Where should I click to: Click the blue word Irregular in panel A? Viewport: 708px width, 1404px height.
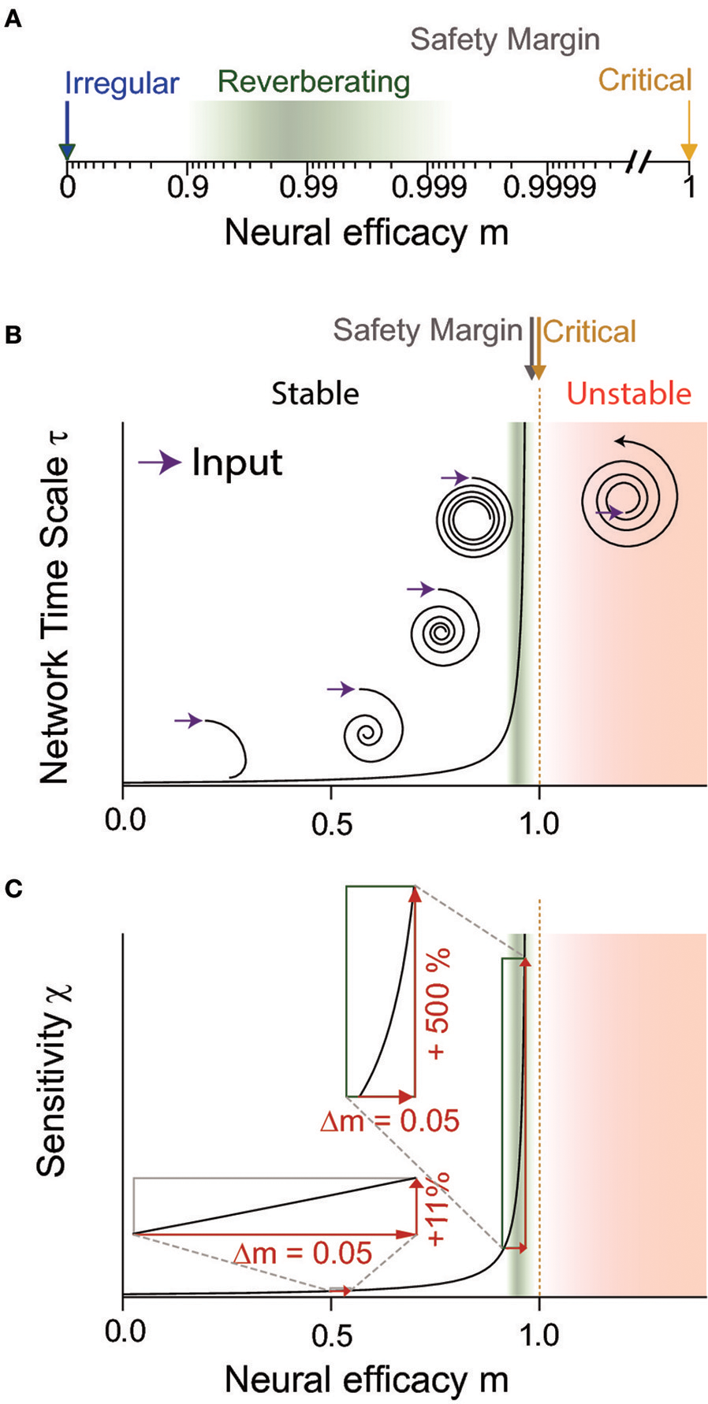click(x=121, y=83)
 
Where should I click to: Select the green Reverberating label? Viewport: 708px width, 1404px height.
click(x=314, y=82)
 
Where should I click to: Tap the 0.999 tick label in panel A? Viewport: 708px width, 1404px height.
click(x=430, y=188)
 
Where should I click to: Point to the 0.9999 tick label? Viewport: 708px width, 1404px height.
click(x=550, y=188)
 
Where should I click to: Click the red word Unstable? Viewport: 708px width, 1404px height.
click(x=628, y=393)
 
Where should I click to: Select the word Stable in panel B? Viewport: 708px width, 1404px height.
click(x=315, y=393)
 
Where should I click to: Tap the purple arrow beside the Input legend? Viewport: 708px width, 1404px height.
click(x=160, y=462)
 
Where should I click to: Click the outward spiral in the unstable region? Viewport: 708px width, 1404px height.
click(x=630, y=495)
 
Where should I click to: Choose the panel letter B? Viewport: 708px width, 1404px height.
click(x=13, y=335)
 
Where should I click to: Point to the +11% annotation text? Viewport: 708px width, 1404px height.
click(x=438, y=1209)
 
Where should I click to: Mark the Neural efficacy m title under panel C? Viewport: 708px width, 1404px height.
click(x=366, y=1380)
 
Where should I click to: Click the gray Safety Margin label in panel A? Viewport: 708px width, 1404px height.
click(x=505, y=39)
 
